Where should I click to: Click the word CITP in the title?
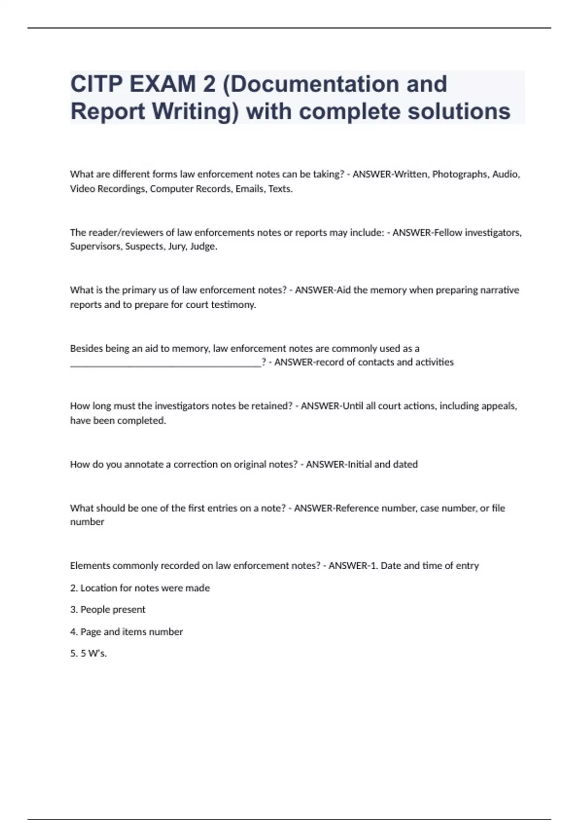(x=96, y=84)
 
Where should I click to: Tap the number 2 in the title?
(x=209, y=84)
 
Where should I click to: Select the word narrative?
(x=499, y=290)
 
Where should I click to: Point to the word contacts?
(x=371, y=362)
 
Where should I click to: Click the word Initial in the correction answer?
(x=358, y=464)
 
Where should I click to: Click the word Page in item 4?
(x=90, y=631)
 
